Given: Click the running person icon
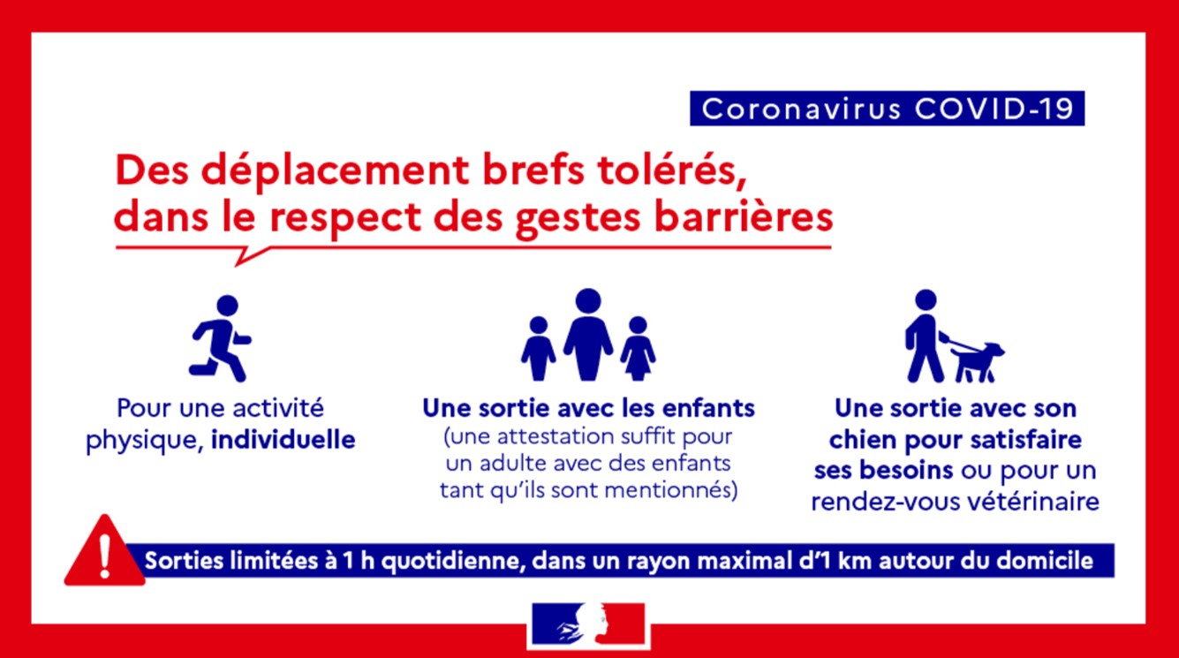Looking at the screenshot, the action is click(220, 338).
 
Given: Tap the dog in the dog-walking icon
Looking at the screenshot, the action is click(978, 362).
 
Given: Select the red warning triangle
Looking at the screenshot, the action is click(104, 550).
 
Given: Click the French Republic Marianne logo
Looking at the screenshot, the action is click(588, 624).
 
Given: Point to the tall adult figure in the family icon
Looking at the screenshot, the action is click(588, 334).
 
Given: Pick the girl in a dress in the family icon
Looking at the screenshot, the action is click(638, 349).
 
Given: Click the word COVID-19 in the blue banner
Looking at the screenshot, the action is click(994, 109).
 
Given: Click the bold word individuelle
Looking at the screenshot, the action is click(283, 440).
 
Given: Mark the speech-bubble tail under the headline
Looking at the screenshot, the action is click(252, 256).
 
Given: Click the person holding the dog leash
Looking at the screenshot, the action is click(925, 336).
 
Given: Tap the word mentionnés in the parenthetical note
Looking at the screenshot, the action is click(670, 490).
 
